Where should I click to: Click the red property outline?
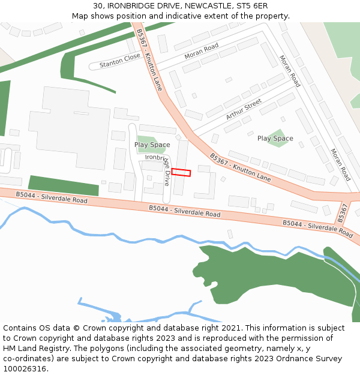(181, 172)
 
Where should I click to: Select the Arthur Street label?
(244, 109)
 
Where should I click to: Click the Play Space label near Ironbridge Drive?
(152, 145)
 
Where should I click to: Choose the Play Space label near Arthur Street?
(275, 139)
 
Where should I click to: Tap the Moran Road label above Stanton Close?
(202, 51)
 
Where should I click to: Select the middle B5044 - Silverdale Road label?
(185, 211)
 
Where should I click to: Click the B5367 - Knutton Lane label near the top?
(149, 59)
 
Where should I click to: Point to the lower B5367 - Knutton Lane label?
(240, 167)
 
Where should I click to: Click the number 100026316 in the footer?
(24, 368)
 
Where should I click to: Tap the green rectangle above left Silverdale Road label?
(64, 185)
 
